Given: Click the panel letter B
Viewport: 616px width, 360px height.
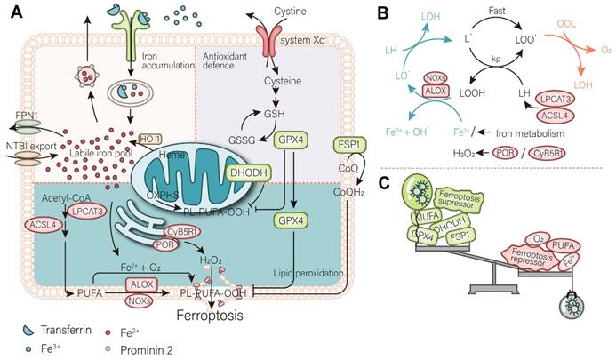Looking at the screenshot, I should (x=383, y=13).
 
